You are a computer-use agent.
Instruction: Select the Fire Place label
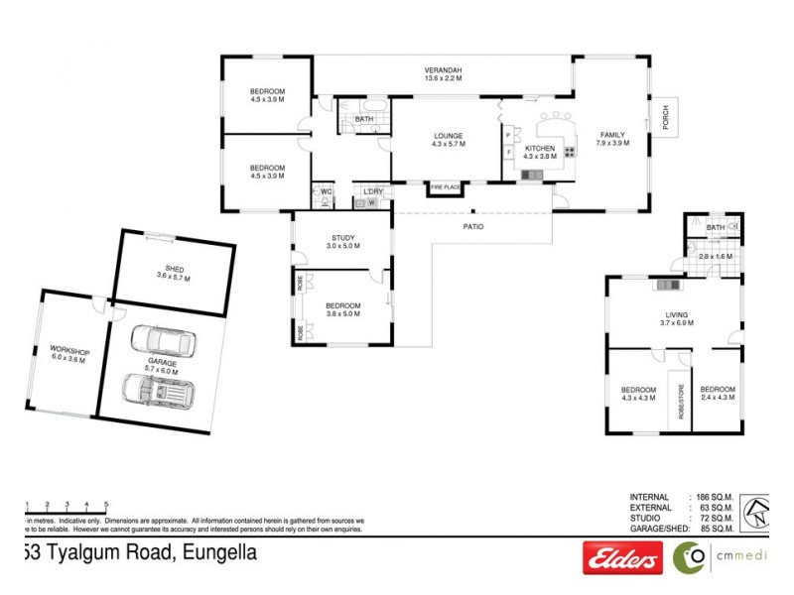(x=445, y=186)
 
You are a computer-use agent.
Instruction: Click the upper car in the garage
(x=163, y=342)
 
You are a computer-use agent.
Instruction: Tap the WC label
(x=325, y=190)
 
